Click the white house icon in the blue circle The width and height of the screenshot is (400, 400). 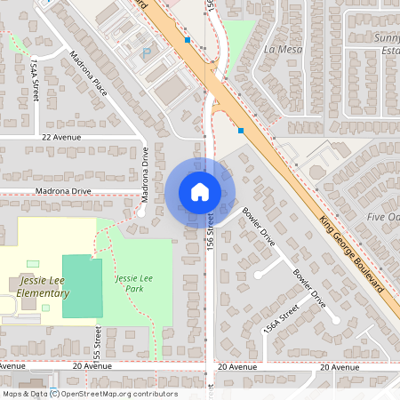[199, 191]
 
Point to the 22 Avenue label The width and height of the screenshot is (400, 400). [61, 138]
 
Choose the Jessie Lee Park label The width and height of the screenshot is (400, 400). [133, 284]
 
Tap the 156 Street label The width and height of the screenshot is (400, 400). [211, 228]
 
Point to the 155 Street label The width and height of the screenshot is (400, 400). [98, 339]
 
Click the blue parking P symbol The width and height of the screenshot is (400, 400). [147, 52]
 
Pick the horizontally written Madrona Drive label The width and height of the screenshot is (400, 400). [63, 191]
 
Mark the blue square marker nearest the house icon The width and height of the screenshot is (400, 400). [241, 130]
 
